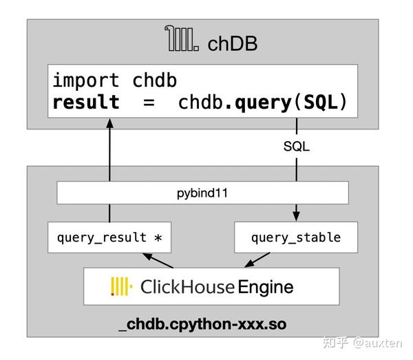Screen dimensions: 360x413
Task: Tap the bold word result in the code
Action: (85, 103)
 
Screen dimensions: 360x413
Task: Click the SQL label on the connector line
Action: (297, 147)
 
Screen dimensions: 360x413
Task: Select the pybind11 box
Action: (202, 193)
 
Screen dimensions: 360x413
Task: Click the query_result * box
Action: (109, 237)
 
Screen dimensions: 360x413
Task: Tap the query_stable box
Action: (295, 237)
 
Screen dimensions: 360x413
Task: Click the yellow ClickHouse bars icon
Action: (120, 286)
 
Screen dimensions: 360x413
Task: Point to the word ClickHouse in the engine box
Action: (186, 286)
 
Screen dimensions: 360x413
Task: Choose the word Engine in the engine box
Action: (266, 286)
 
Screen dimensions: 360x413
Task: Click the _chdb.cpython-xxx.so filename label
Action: (202, 323)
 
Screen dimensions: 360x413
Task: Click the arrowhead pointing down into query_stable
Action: (297, 215)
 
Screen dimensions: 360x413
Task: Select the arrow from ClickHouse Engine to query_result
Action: (158, 261)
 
